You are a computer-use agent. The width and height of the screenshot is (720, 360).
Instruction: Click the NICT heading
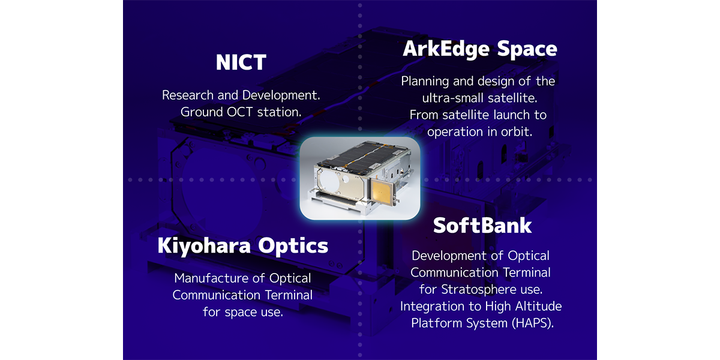(x=241, y=62)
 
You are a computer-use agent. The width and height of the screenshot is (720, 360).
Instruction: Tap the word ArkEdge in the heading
(x=446, y=49)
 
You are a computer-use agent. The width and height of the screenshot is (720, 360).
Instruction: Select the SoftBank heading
(x=482, y=226)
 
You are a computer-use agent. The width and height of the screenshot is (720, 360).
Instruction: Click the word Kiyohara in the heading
(x=204, y=246)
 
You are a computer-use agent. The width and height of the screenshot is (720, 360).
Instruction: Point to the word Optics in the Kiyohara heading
(x=293, y=246)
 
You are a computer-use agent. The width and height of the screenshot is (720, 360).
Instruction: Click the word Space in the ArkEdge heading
(x=527, y=49)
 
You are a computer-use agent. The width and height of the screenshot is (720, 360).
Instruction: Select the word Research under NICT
(x=188, y=95)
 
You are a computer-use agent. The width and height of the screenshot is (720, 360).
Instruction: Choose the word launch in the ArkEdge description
(x=512, y=115)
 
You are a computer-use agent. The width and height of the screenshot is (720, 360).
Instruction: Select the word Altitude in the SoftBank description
(x=538, y=307)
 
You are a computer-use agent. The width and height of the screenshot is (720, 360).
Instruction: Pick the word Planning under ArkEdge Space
(x=425, y=82)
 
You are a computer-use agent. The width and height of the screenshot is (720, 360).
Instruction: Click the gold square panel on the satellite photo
(x=381, y=193)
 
